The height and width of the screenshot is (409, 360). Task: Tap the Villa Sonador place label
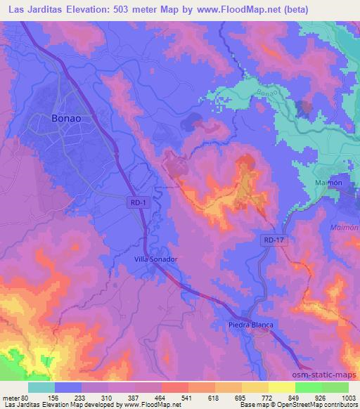click(155, 259)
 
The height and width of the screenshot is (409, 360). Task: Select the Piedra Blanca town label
click(250, 325)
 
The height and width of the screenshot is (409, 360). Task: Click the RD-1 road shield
click(138, 201)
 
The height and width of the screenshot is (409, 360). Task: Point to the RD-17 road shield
click(274, 241)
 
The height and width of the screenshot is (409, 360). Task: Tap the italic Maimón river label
click(345, 228)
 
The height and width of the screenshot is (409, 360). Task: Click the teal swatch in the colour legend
click(41, 387)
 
